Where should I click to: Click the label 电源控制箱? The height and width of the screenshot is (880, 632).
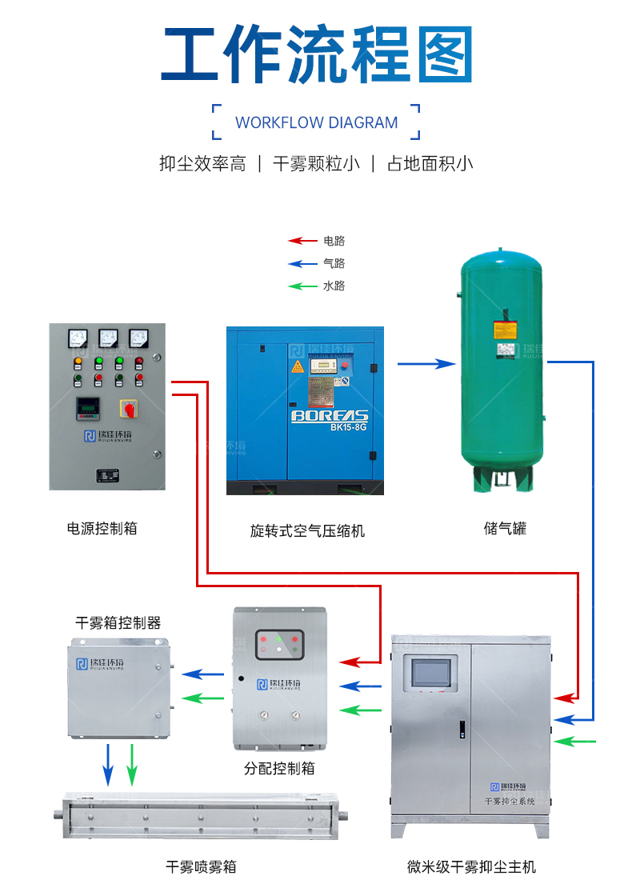click(x=102, y=528)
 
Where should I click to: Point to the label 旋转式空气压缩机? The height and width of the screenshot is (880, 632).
click(x=307, y=530)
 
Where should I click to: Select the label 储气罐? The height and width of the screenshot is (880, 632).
click(x=505, y=528)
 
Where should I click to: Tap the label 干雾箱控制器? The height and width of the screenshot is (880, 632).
click(x=118, y=622)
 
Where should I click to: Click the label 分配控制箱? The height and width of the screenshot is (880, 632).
click(x=279, y=768)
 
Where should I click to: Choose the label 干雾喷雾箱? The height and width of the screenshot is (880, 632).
click(x=201, y=866)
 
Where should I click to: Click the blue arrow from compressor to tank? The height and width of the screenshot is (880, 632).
click(x=426, y=364)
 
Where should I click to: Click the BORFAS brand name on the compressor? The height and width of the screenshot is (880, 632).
click(x=329, y=415)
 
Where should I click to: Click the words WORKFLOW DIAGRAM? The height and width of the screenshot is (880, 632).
click(x=316, y=122)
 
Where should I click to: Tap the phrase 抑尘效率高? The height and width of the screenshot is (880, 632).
click(x=202, y=164)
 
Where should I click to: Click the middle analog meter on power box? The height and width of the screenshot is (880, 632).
click(x=108, y=338)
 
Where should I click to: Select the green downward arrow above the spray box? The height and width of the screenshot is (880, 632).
click(x=133, y=764)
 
